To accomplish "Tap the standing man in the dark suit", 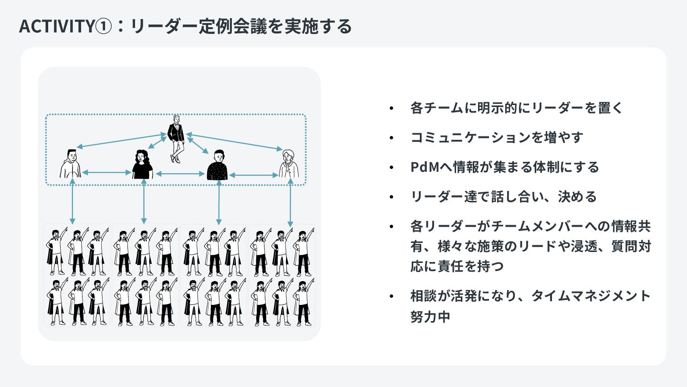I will pos(176,138).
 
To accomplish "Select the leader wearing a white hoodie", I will pos(71,163).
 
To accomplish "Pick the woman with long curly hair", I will pos(142,165).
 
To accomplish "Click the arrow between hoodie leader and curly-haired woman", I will pos(106,172).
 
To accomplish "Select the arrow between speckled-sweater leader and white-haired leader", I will pos(253,176).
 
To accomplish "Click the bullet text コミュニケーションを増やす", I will pos(497,137).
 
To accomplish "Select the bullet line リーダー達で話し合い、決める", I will pos(503,196).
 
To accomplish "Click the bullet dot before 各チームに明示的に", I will pos(392,108).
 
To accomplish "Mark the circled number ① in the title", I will pos(103,27).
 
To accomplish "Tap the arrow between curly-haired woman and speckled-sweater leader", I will pos(180,174).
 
